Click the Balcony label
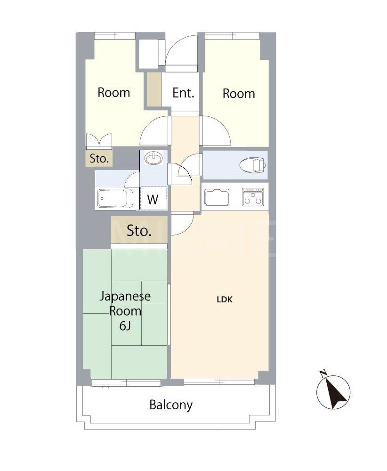tap(171, 405)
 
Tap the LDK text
tap(225, 299)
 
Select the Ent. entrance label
tap(183, 93)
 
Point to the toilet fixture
tap(253, 165)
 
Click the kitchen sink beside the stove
tap(217, 197)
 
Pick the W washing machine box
tap(153, 198)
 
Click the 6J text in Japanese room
tap(125, 325)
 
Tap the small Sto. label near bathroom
tap(99, 158)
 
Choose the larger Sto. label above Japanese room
tap(139, 231)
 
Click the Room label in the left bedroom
tap(113, 92)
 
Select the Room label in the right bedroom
tap(239, 93)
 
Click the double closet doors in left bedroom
tap(99, 140)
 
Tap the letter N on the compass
tap(323, 374)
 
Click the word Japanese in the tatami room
tap(125, 296)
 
